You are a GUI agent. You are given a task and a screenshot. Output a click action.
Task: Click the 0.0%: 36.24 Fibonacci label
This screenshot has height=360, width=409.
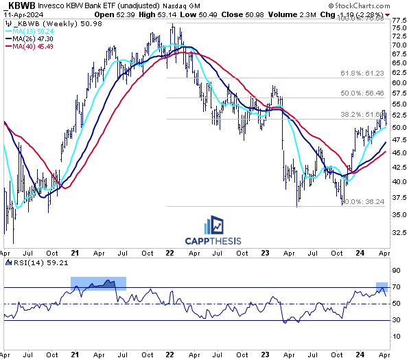tap(361, 201)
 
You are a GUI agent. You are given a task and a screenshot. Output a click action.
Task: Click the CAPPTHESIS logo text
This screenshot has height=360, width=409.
tap(215, 240)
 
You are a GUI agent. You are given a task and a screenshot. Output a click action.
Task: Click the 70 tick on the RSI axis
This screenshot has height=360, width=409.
tap(397, 287)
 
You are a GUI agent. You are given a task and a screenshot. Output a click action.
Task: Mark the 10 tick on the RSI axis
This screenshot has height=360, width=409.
tap(397, 336)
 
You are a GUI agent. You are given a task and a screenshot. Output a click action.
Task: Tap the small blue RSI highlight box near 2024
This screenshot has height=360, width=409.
tap(382, 288)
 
